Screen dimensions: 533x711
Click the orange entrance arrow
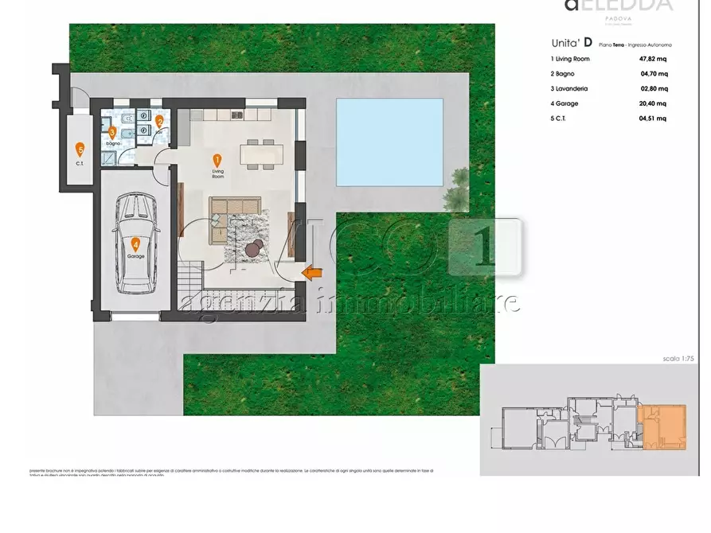click(x=311, y=273)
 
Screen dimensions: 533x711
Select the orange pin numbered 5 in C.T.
click(x=80, y=148)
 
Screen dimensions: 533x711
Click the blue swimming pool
click(x=389, y=140)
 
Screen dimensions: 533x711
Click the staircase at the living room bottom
click(x=189, y=278)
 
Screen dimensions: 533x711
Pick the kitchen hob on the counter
click(x=236, y=116)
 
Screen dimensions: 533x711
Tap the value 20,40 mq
click(x=652, y=103)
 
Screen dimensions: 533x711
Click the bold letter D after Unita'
click(x=587, y=43)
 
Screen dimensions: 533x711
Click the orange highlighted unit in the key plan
click(x=662, y=426)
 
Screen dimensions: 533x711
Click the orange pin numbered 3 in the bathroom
click(x=112, y=132)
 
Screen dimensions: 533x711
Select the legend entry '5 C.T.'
click(x=565, y=119)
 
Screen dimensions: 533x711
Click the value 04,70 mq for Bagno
click(x=654, y=73)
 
